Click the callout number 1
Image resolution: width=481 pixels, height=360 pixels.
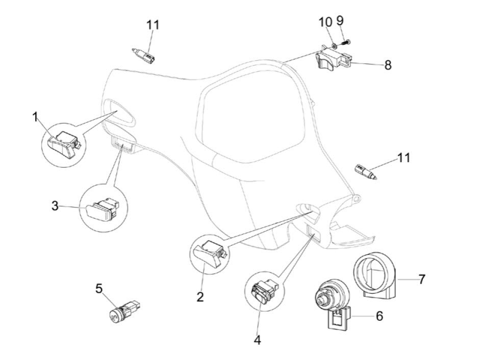click(x=35, y=117)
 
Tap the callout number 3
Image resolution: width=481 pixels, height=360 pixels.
click(x=55, y=206)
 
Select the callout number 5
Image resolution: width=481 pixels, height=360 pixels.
click(x=98, y=289)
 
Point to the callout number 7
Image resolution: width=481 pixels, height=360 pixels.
click(x=422, y=279)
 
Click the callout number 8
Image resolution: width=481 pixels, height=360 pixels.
click(x=388, y=65)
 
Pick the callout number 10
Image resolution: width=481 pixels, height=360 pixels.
click(x=325, y=22)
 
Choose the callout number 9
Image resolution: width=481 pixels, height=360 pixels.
click(x=340, y=20)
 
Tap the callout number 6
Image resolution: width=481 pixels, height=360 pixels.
click(x=379, y=316)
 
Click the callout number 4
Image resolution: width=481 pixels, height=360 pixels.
click(x=258, y=340)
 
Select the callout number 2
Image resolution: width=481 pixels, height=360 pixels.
click(x=200, y=297)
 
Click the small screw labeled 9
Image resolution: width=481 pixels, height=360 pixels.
click(x=345, y=43)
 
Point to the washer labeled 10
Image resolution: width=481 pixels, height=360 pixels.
click(x=334, y=46)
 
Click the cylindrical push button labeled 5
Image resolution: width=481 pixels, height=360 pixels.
click(x=125, y=311)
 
